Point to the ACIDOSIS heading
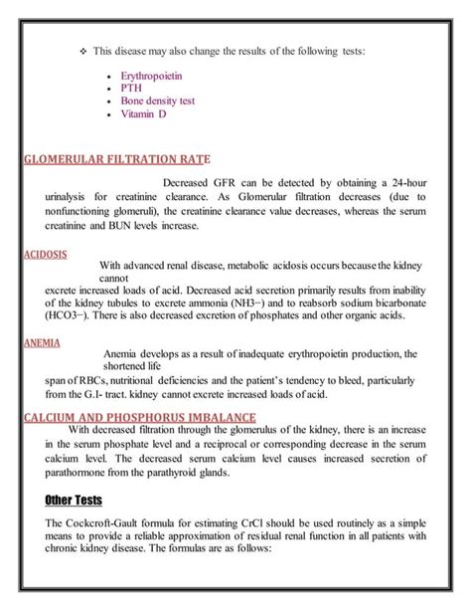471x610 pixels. [45, 254]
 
